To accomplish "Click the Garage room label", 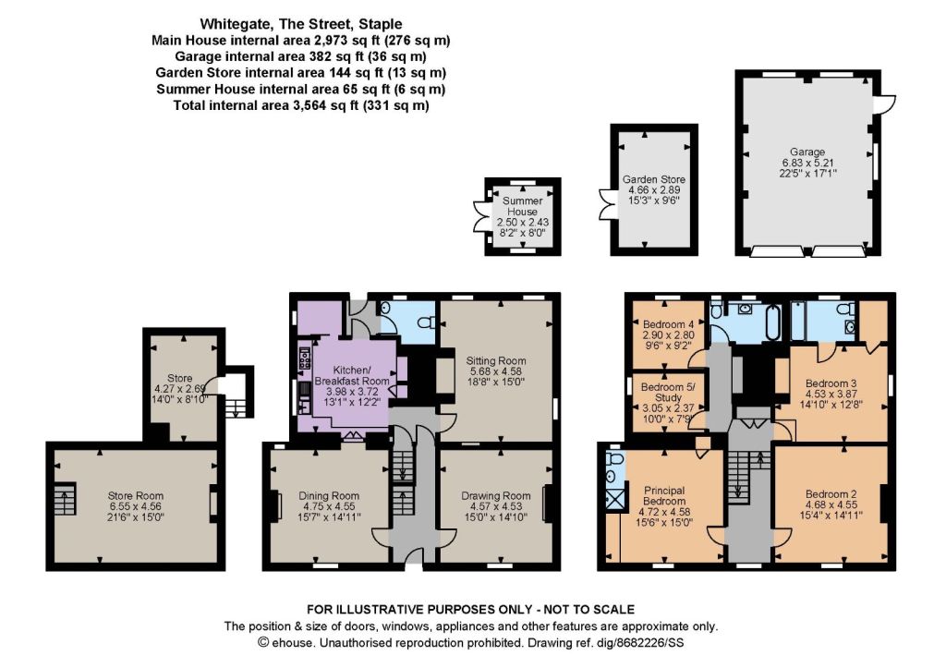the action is tap(807, 152).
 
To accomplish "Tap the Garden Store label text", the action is tap(653, 179).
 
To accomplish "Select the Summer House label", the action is tap(523, 206).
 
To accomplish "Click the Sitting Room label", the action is tap(496, 361).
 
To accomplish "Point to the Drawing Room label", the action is tap(496, 496).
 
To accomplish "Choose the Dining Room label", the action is tap(329, 496).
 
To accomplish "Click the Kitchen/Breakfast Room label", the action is tap(352, 375).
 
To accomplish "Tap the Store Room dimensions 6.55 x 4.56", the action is tap(136, 507).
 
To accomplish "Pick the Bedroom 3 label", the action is tap(831, 383).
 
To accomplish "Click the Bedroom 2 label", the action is tap(831, 493).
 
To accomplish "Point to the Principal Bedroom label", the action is tap(664, 496).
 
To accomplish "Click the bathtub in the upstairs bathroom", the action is tap(773, 322).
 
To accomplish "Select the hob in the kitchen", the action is tap(304, 358).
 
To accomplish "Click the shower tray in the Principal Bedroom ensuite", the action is tap(614, 499).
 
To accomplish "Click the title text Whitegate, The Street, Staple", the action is tap(301, 24).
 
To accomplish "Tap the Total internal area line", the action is tap(301, 105).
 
